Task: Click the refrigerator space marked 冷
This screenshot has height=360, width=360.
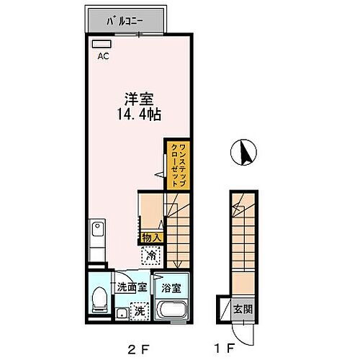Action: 151,253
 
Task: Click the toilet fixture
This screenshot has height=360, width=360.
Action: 100,300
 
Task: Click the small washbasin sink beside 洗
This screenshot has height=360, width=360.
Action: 120,313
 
